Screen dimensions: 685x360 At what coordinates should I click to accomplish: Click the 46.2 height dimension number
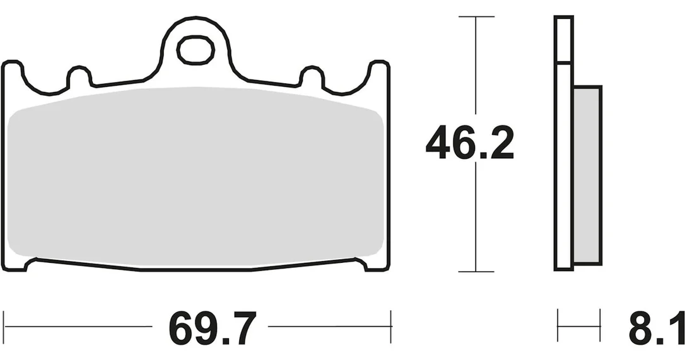click(x=470, y=142)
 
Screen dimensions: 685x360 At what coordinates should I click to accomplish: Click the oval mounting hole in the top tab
click(x=196, y=50)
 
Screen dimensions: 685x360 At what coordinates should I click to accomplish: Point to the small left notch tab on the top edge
click(x=79, y=76)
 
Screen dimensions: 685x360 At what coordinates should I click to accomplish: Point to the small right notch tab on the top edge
click(x=312, y=76)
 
